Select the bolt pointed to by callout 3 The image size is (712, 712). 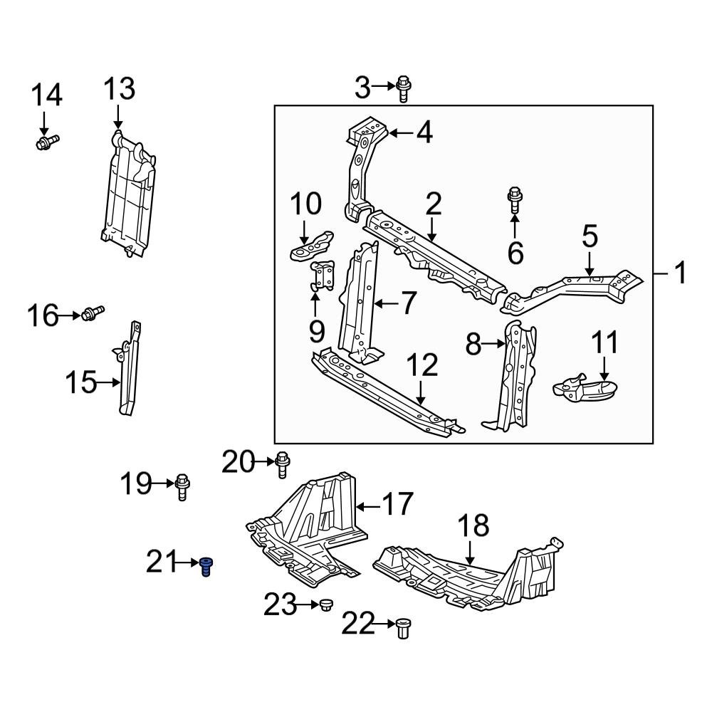pos(404,88)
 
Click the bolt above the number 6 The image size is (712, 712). pos(515,199)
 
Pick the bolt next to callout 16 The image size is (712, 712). pos(93,313)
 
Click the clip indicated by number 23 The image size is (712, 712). pos(326,605)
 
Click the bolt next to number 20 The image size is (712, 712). pos(282,464)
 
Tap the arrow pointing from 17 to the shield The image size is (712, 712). pos(367,506)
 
